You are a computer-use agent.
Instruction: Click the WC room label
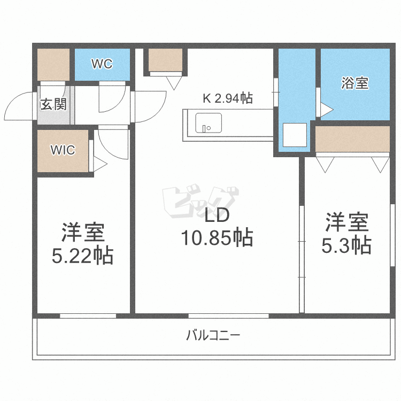coord(102,64)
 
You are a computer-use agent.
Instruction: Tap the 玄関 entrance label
coord(53,104)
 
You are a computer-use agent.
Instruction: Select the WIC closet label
coord(63,150)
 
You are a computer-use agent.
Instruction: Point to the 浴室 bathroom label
coord(355,83)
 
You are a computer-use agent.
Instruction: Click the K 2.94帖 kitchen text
coord(227,98)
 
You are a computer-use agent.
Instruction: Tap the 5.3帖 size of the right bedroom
coord(346,245)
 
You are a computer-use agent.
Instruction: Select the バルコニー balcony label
coord(213,336)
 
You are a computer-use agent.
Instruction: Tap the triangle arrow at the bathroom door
coord(326,110)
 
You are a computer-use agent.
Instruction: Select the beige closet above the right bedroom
coord(352,139)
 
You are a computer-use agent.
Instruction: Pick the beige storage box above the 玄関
coord(53,65)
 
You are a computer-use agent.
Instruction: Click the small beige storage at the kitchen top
coord(165,60)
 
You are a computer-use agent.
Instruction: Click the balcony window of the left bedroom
coord(88,316)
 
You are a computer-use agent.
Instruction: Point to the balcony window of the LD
coord(228,316)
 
